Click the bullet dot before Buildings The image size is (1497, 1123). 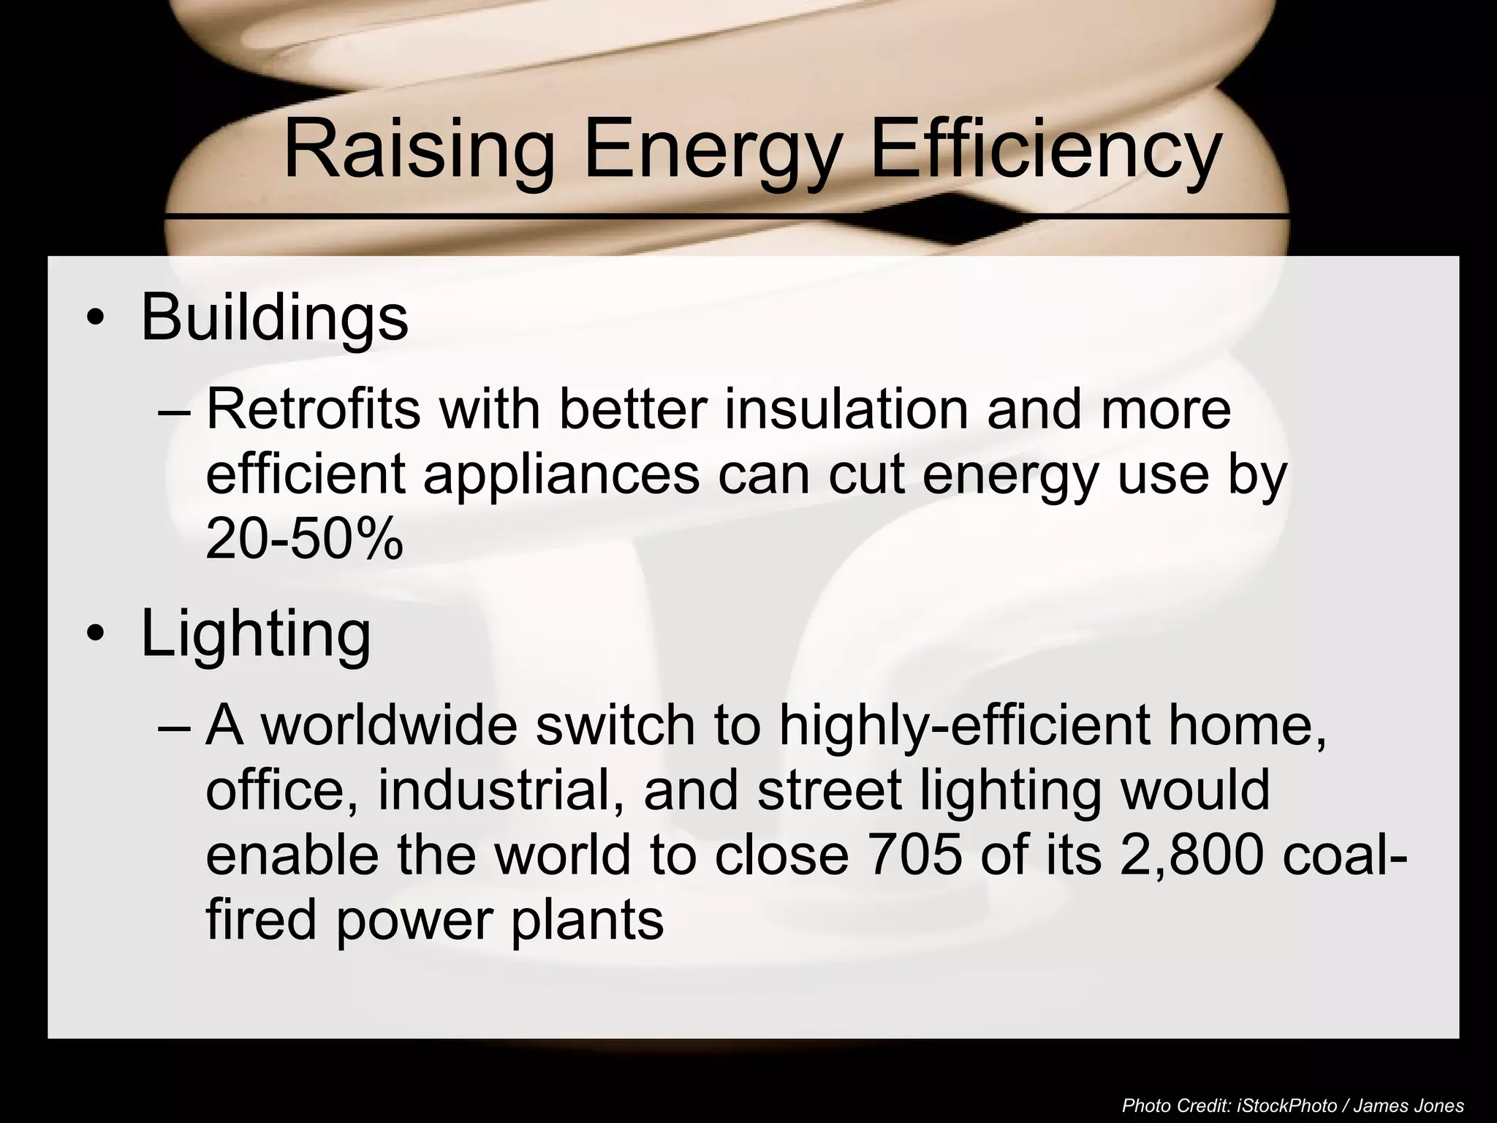point(94,319)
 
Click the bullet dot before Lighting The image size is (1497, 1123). point(94,635)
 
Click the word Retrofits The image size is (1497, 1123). point(313,409)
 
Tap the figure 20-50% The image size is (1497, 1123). point(304,540)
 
